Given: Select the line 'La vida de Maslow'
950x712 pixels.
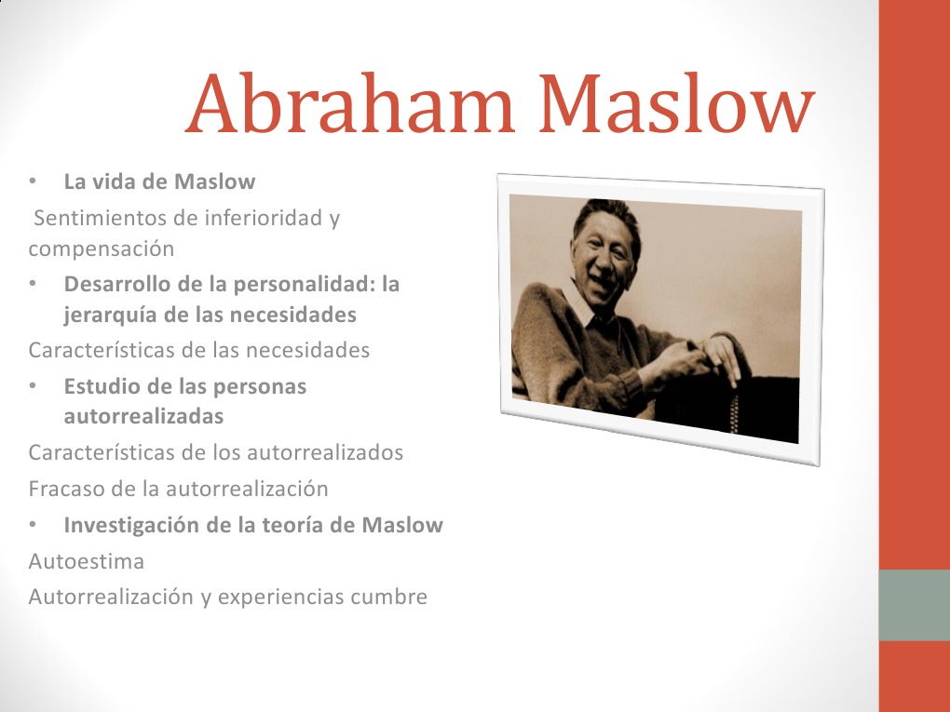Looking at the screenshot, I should (159, 181).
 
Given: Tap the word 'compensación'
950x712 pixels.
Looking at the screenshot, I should (102, 249).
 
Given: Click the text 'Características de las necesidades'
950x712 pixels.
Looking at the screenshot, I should (199, 351).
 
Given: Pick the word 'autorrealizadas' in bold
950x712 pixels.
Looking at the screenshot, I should (143, 416).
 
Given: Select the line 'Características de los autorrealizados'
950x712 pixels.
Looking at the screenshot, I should (216, 453).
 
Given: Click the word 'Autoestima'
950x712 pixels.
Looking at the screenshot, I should (87, 562).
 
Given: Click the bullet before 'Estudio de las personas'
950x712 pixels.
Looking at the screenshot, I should (33, 385).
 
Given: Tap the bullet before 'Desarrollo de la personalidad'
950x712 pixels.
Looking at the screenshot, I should (33, 283).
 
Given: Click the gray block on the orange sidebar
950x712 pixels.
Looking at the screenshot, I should (914, 605).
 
